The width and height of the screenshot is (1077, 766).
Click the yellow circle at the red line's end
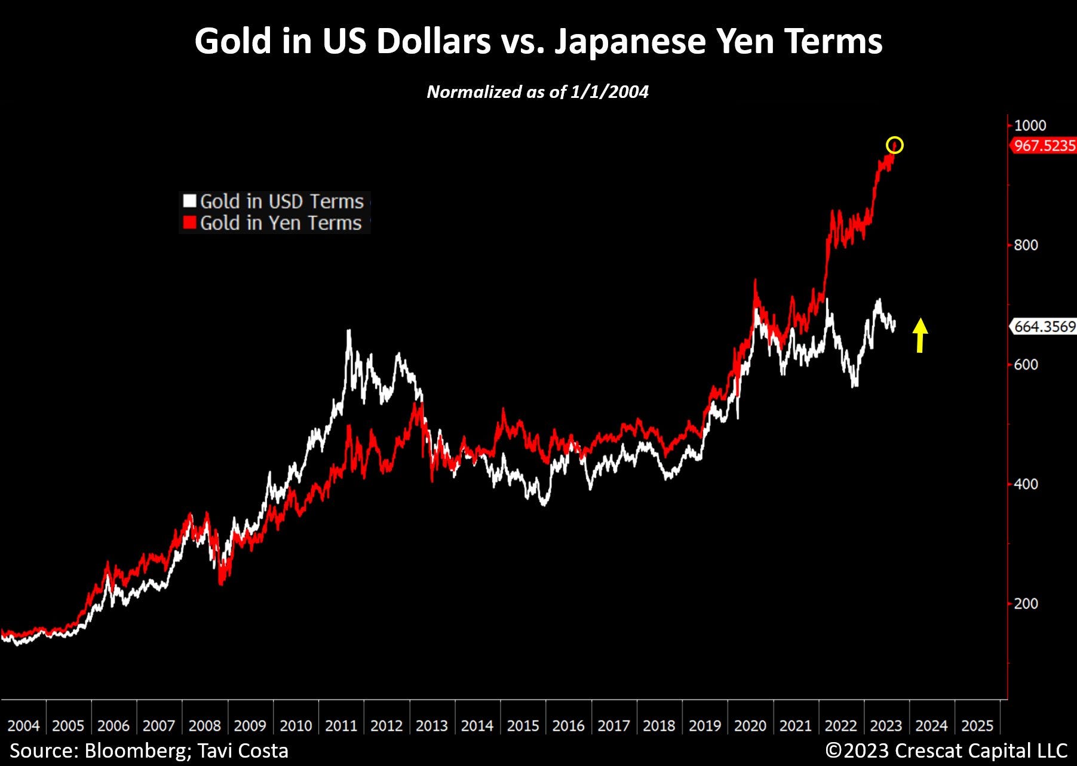(894, 145)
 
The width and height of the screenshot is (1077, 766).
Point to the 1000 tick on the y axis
(1030, 125)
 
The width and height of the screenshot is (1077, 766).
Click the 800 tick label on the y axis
(1026, 245)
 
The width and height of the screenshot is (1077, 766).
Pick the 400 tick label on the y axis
(1026, 484)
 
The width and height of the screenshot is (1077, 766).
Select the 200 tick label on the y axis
(1026, 603)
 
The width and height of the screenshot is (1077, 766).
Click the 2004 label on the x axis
(23, 725)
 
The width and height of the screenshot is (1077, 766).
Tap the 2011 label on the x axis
(340, 725)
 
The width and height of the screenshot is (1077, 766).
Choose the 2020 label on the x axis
(750, 725)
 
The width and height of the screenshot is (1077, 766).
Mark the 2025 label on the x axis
(977, 725)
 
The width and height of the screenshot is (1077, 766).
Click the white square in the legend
(189, 201)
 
